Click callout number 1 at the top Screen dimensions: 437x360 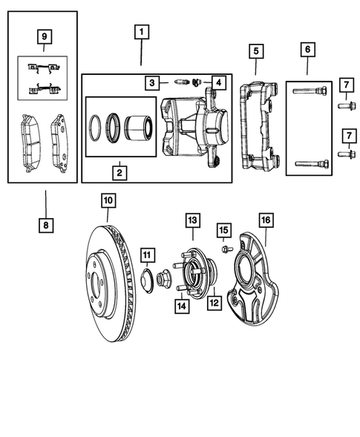(x=141, y=32)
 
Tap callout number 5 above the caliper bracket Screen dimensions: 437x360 (x=255, y=51)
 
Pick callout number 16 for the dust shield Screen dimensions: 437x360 (x=265, y=220)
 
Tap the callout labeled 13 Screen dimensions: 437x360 (x=192, y=220)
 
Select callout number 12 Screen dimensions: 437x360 (x=214, y=302)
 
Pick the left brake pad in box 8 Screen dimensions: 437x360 (x=30, y=138)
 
